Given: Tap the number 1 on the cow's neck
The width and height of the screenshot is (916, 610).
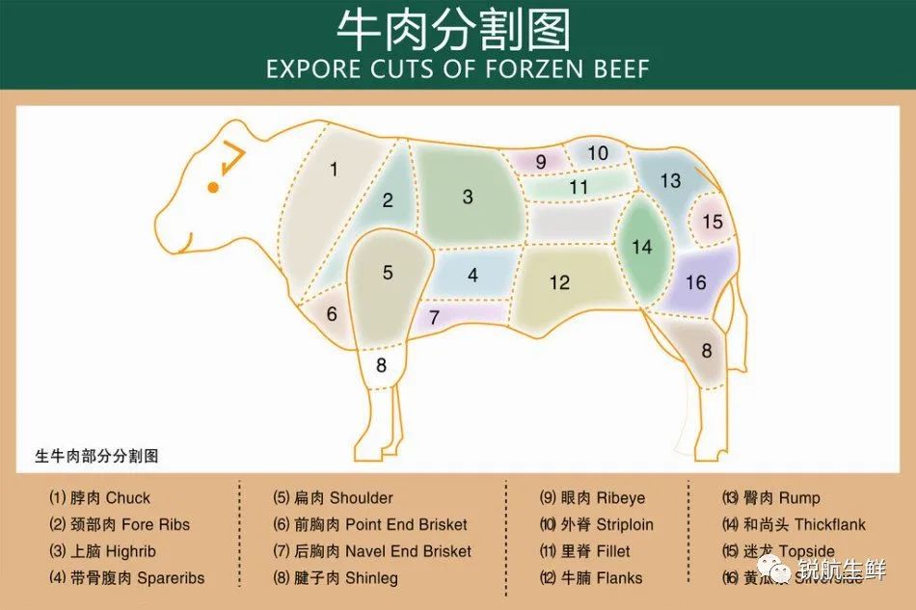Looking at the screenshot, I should [334, 170].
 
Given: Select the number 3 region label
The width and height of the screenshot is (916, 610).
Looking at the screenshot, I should [468, 198].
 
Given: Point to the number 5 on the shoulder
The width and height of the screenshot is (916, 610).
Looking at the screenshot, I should [388, 273].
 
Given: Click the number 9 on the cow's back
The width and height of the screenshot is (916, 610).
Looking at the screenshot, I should [541, 162].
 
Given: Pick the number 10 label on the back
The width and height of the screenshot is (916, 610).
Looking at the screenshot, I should [598, 152].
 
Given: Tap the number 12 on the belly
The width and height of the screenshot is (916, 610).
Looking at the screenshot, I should [560, 282].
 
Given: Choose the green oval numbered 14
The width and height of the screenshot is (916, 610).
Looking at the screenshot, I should [642, 247].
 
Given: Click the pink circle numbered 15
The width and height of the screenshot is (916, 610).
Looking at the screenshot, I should [713, 222].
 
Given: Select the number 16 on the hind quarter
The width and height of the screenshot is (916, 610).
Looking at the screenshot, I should [696, 282].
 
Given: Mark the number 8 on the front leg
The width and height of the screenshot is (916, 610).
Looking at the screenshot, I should [381, 365].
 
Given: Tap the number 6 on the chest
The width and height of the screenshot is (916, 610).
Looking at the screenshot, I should [331, 314].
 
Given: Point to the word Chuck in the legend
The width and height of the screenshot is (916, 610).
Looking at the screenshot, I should [128, 498].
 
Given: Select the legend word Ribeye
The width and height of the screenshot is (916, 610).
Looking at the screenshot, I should [621, 498].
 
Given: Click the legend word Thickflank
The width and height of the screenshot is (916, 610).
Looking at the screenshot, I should [830, 525].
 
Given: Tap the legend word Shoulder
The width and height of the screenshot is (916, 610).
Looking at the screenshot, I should [362, 498].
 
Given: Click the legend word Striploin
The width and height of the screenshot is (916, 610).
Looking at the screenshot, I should [625, 525].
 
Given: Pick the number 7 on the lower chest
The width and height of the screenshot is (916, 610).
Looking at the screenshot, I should [434, 317].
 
